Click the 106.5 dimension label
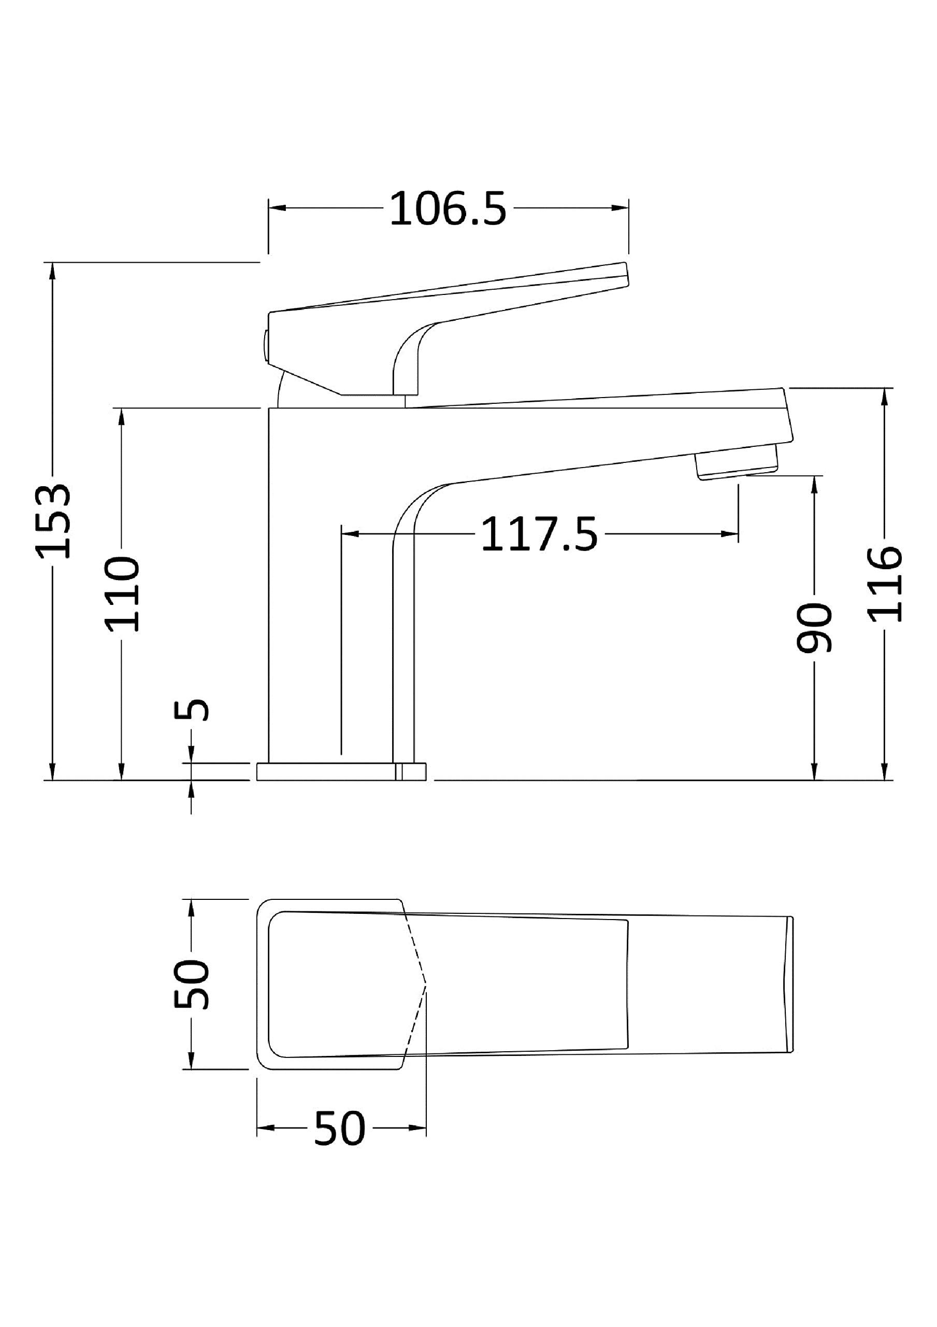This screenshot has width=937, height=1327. pos(448,209)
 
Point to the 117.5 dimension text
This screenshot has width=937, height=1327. pos(539,534)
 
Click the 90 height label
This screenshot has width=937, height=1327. pos(814,628)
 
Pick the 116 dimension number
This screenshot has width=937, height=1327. pos(885,584)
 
